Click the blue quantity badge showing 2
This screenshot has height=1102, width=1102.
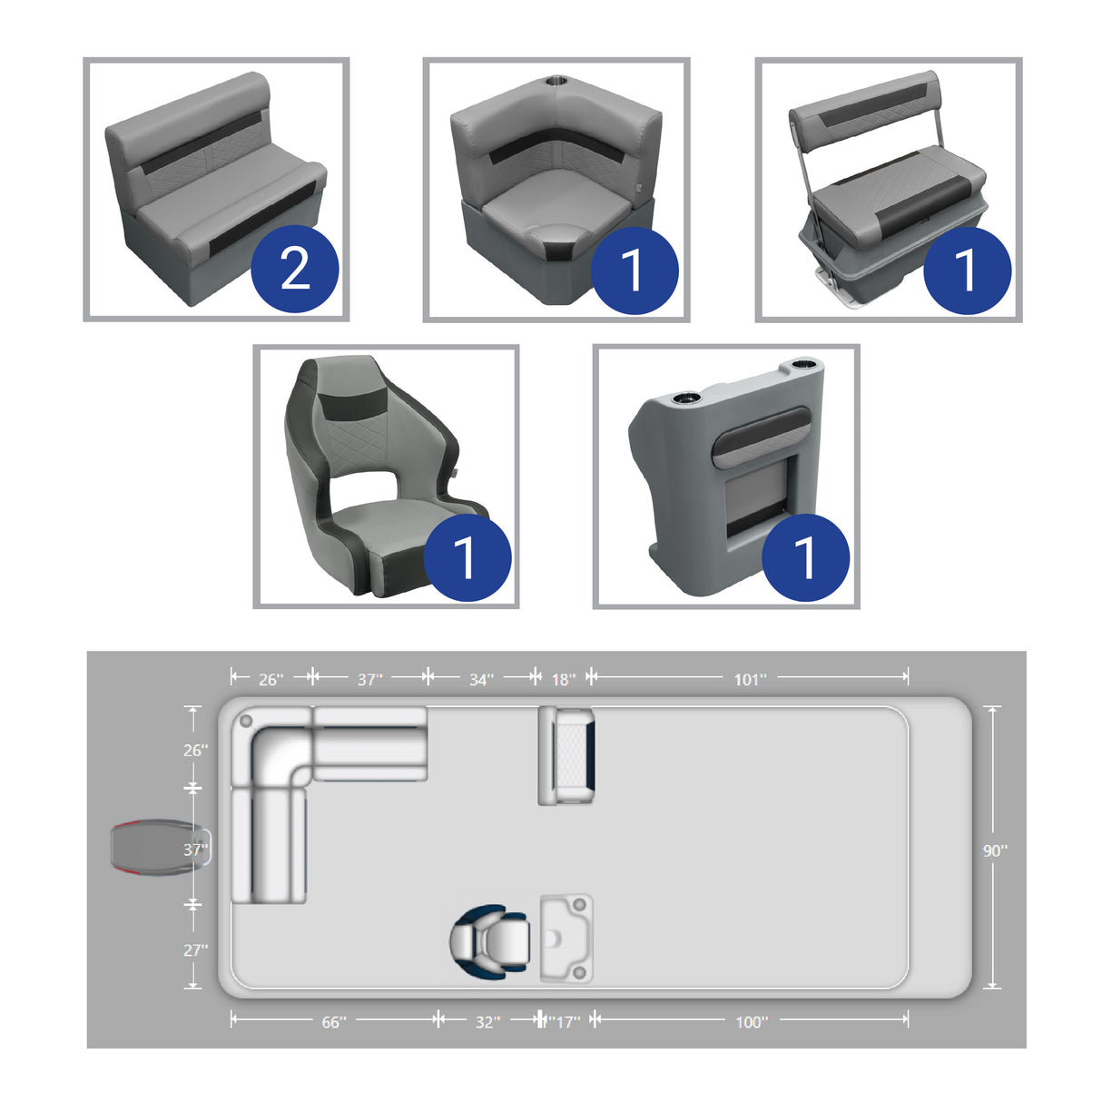click(294, 269)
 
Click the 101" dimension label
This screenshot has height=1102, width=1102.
click(750, 679)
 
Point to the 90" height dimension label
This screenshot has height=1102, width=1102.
click(995, 851)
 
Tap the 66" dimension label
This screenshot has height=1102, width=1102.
click(333, 1022)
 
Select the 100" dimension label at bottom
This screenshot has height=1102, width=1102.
click(751, 1022)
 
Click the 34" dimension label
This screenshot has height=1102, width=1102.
click(481, 679)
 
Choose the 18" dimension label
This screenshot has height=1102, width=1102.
click(563, 679)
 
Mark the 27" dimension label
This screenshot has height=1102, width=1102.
click(195, 949)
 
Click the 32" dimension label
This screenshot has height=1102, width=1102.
click(487, 1022)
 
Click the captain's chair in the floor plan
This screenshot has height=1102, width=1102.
click(489, 940)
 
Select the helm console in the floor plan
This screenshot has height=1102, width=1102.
click(566, 938)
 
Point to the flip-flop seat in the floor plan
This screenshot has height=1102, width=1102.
click(566, 755)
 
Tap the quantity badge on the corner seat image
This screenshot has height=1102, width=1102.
click(634, 270)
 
